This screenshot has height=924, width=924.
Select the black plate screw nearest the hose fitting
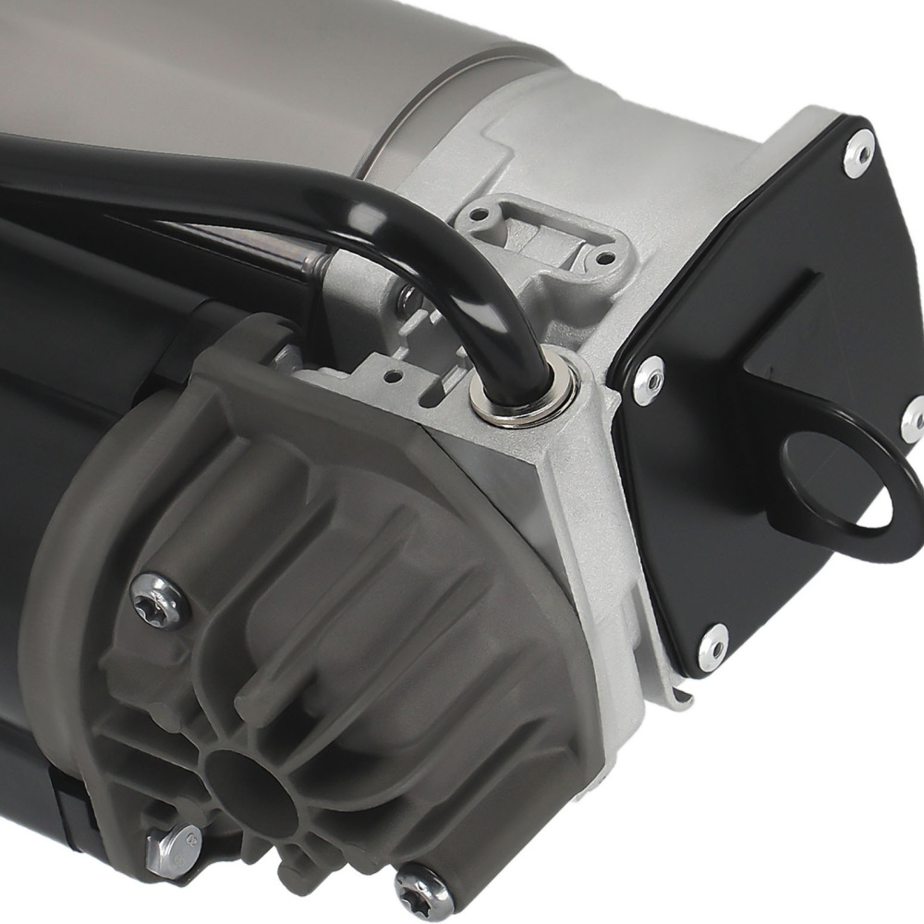(649, 377)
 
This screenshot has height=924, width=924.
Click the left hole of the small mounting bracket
(478, 219)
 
